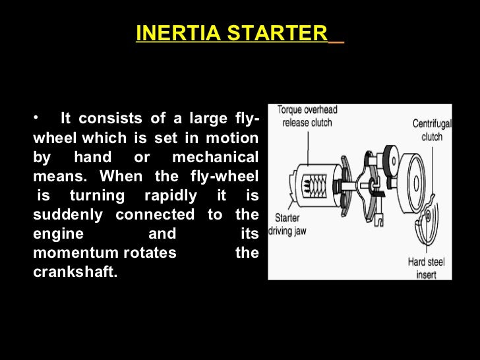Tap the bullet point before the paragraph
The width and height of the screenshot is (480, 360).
click(x=37, y=117)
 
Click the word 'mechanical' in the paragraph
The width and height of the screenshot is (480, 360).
click(x=215, y=158)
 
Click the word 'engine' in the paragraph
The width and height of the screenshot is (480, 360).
click(x=58, y=234)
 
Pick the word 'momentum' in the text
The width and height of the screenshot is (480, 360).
click(x=70, y=253)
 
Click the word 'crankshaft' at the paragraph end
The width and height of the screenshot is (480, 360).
click(x=73, y=272)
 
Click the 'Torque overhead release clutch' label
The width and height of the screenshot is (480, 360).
click(x=307, y=117)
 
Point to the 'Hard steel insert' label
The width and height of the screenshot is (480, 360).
click(x=427, y=268)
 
